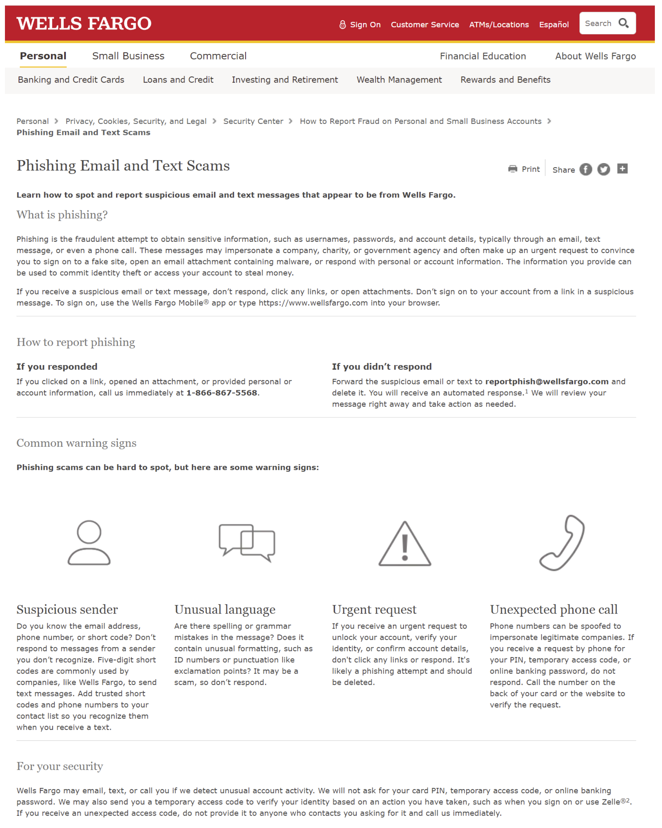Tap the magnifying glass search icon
623,23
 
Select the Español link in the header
553,25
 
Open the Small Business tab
128,56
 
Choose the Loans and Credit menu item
178,80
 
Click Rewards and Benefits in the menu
505,80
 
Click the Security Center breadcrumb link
253,121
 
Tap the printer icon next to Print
512,169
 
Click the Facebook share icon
585,169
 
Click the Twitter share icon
603,169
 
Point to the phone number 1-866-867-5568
222,393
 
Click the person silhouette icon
89,542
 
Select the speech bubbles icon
247,542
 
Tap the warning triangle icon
404,544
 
